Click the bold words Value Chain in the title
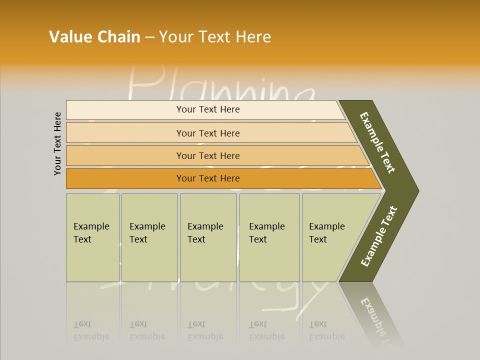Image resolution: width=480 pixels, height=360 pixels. point(94,37)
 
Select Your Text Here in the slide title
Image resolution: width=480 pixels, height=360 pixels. point(215,37)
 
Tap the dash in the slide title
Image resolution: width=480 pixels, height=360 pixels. point(149,37)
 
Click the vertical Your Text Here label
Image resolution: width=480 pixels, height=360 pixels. point(57,144)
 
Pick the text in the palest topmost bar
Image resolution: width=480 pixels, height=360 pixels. point(208,109)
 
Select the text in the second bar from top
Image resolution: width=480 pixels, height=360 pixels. point(208,133)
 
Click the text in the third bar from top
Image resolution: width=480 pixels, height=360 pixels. point(208,156)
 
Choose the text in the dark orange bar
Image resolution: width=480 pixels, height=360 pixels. point(208,178)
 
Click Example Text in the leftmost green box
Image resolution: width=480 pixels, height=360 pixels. point(91,233)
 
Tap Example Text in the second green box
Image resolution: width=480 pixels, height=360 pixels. point(147,233)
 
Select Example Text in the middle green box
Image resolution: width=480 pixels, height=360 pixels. point(205,233)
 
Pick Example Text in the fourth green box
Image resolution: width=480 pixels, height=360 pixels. point(266,233)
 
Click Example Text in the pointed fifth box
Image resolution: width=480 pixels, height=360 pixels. point(326,233)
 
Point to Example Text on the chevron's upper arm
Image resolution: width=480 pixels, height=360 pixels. point(378,142)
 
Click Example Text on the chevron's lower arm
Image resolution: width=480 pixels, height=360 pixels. point(379,236)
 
